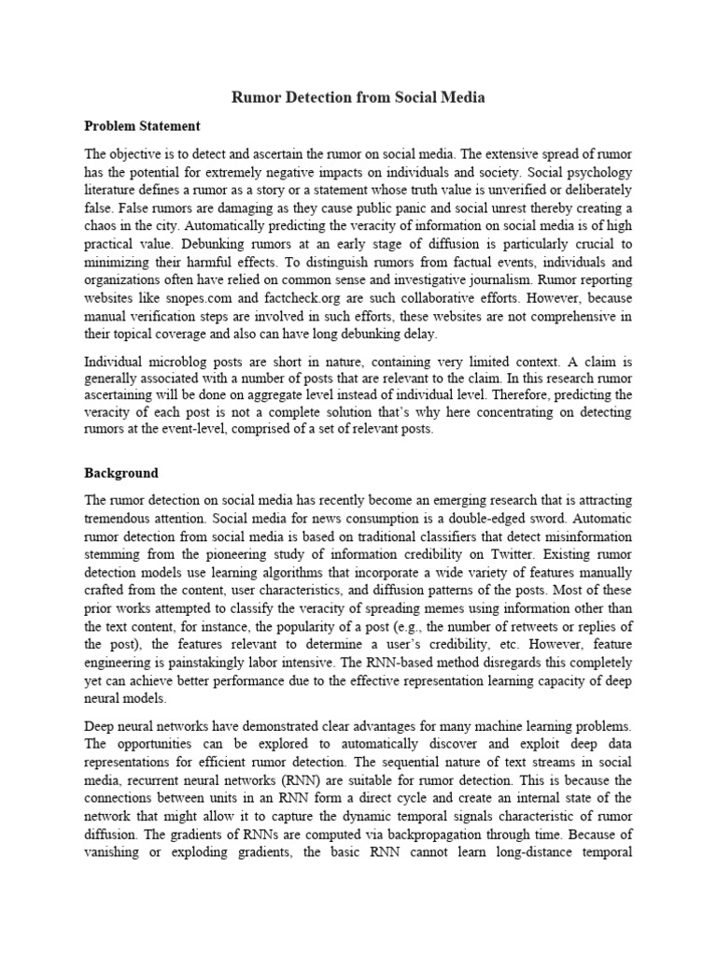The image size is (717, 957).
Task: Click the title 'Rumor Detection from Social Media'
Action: tap(358, 96)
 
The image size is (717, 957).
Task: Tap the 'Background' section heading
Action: tap(121, 473)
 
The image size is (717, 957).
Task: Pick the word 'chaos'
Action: tap(103, 225)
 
